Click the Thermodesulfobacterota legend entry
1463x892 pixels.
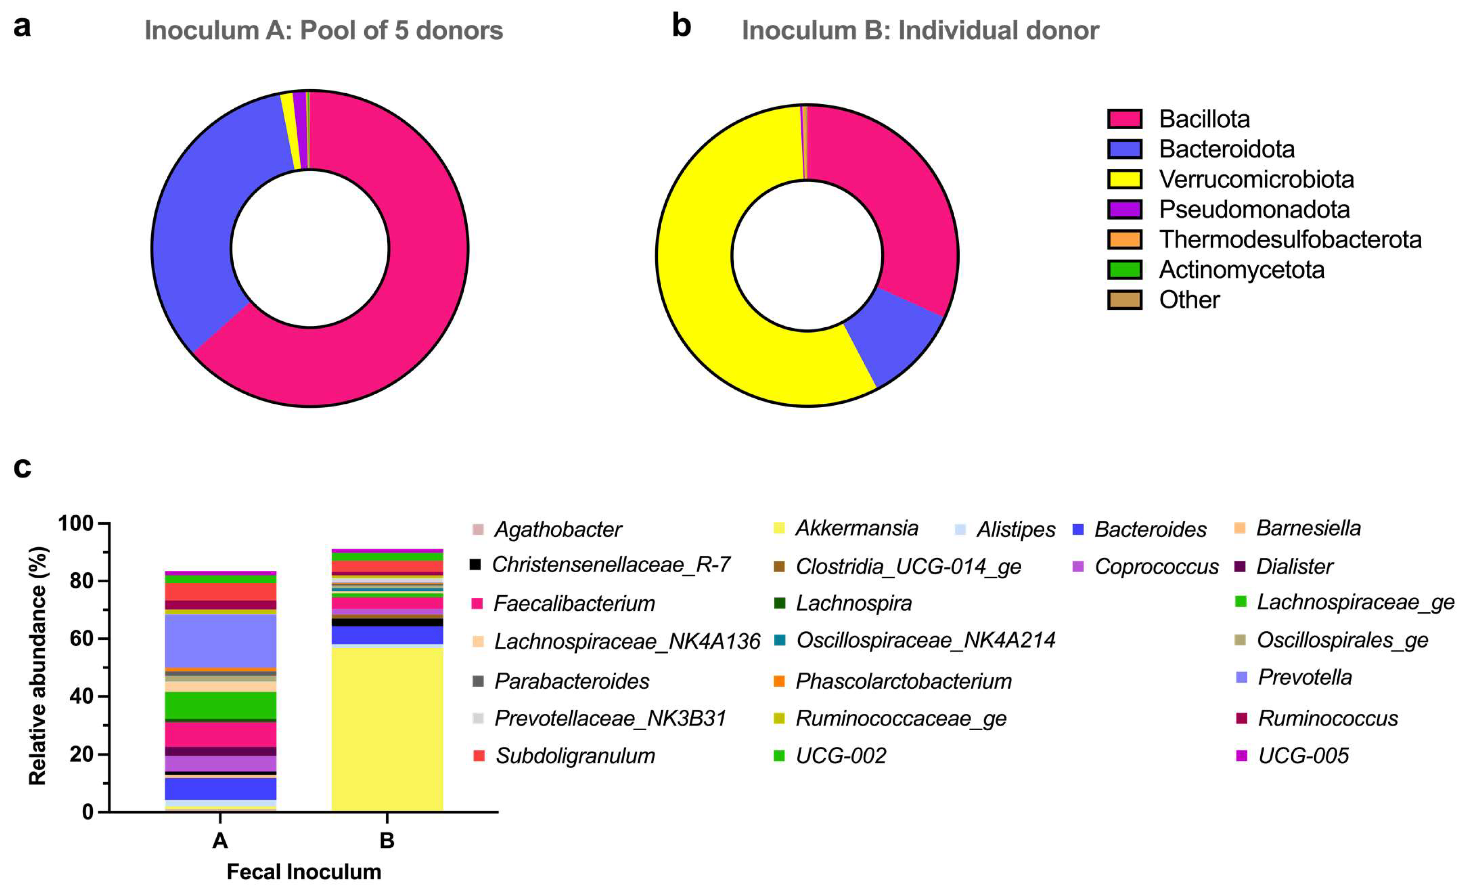coord(1289,240)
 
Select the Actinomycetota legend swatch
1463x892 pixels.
coord(1124,270)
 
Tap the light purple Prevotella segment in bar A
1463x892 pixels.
coord(220,641)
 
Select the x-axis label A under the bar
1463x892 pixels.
coord(220,841)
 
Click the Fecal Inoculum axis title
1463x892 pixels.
coord(303,872)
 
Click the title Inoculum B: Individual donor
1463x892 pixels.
coord(920,30)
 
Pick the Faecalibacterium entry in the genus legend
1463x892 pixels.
coord(573,604)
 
